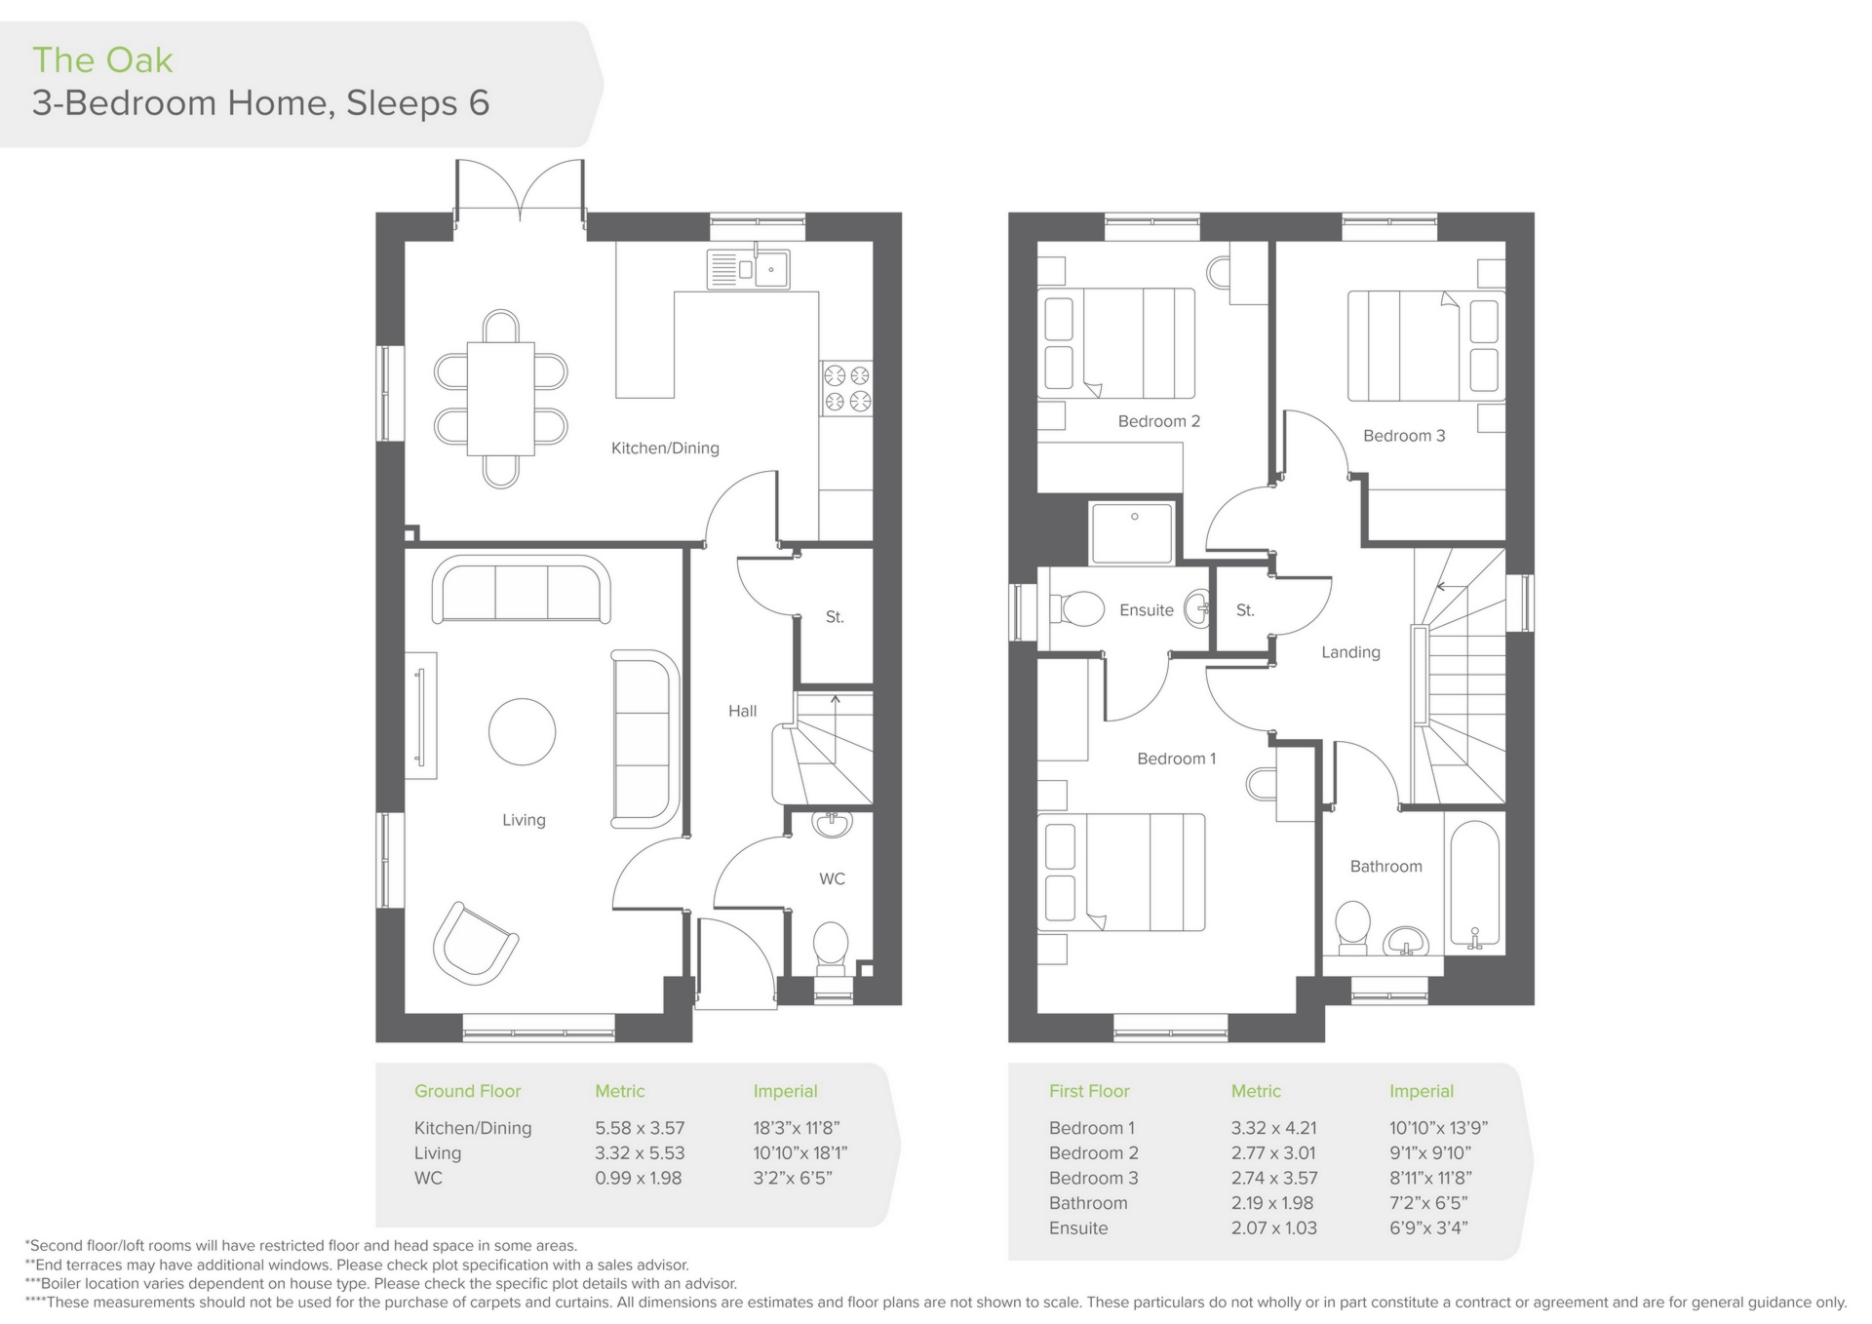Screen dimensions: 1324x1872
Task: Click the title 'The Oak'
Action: pyautogui.click(x=102, y=60)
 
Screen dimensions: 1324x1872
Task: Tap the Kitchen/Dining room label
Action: pyautogui.click(x=665, y=448)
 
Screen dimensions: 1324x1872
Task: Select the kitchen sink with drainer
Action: pyautogui.click(x=748, y=269)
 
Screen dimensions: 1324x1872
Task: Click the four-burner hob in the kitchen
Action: pyautogui.click(x=846, y=388)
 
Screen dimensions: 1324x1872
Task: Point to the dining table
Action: pyautogui.click(x=500, y=399)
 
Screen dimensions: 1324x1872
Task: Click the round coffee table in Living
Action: pyautogui.click(x=523, y=731)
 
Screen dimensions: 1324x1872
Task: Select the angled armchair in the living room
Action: pyautogui.click(x=475, y=943)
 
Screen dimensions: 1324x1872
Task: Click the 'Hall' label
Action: pyautogui.click(x=742, y=712)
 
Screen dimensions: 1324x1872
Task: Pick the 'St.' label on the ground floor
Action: pyautogui.click(x=835, y=617)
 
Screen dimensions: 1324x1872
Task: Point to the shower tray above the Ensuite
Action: pyautogui.click(x=1132, y=533)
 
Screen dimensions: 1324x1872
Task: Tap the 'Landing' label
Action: pyautogui.click(x=1350, y=652)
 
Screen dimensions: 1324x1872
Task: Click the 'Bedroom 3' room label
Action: pyautogui.click(x=1404, y=436)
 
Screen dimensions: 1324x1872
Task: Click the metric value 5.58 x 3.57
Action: pyautogui.click(x=640, y=1128)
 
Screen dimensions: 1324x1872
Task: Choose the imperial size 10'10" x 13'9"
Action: pyautogui.click(x=1438, y=1128)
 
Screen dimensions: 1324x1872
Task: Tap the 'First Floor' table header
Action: pyautogui.click(x=1089, y=1091)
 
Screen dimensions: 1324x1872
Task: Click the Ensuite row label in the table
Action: pyautogui.click(x=1078, y=1228)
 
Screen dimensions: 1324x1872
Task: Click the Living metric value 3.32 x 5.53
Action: pyautogui.click(x=640, y=1153)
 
